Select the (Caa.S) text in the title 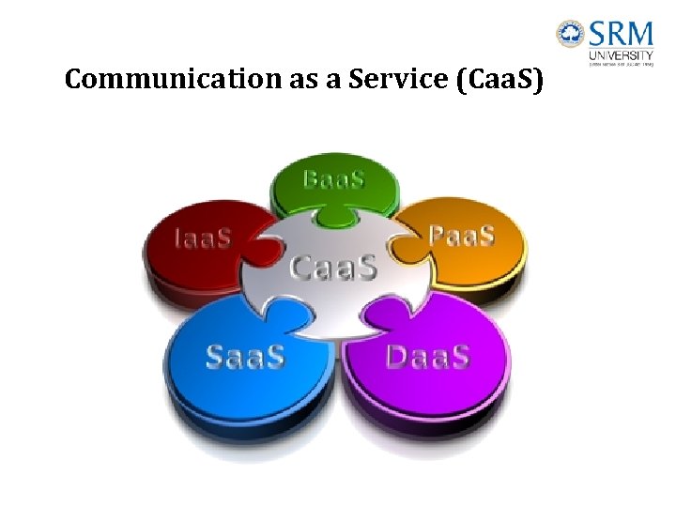(x=499, y=82)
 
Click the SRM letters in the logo (x=620, y=35)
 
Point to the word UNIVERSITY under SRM (x=621, y=55)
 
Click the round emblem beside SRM (x=570, y=36)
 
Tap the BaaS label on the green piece (x=333, y=179)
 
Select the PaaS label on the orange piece (x=461, y=234)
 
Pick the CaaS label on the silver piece (x=333, y=268)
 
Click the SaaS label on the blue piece (x=245, y=357)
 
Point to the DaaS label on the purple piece (x=427, y=356)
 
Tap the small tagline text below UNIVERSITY (x=621, y=65)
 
